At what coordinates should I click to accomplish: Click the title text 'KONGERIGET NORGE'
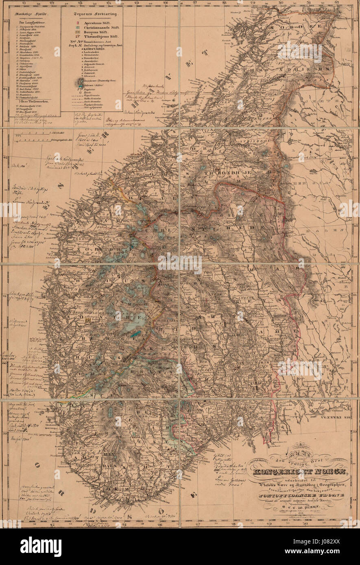299,472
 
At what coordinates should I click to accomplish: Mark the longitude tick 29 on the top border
252,2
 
